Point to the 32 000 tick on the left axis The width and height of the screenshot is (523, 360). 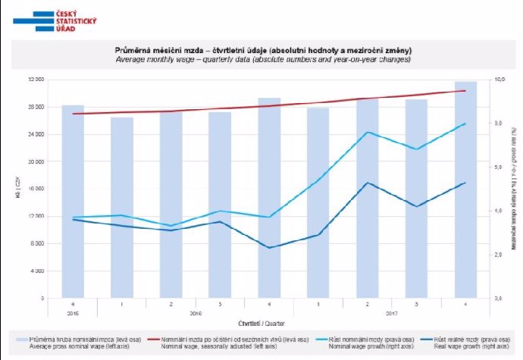point(36,80)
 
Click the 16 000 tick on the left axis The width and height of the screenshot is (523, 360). point(36,189)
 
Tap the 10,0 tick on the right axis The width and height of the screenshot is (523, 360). point(500,80)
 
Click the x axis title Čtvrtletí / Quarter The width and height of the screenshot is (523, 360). point(261,324)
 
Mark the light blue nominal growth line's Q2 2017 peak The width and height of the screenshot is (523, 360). point(367,133)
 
